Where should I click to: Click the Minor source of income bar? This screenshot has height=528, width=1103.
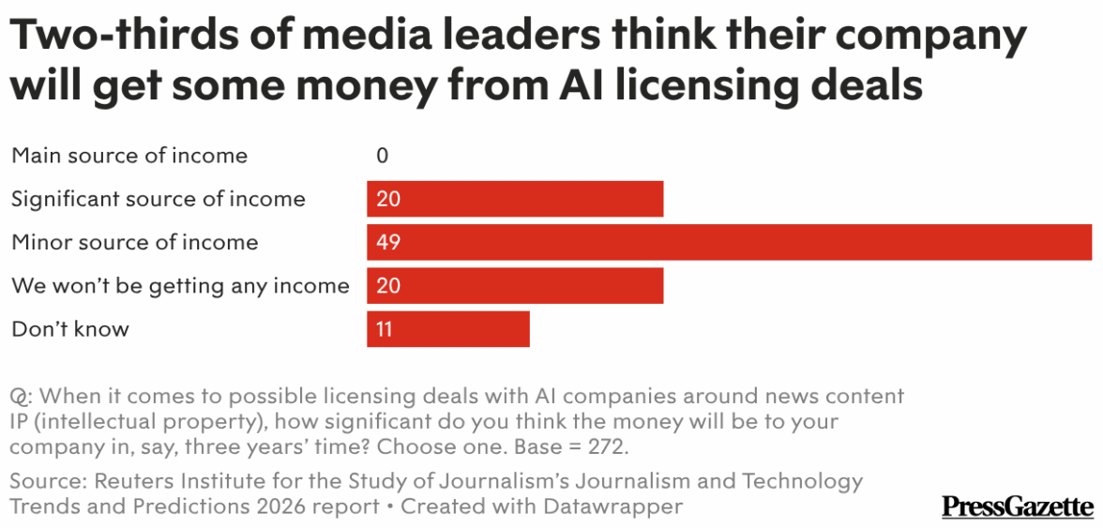pyautogui.click(x=729, y=242)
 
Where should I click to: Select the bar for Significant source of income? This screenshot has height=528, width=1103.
pyautogui.click(x=515, y=199)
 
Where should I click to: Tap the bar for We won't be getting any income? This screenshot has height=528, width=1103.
pyautogui.click(x=515, y=285)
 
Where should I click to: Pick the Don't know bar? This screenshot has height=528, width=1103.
pyautogui.click(x=448, y=329)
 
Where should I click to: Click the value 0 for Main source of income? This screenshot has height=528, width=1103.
pyautogui.click(x=382, y=156)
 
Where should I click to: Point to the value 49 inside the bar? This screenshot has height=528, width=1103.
pyautogui.click(x=388, y=242)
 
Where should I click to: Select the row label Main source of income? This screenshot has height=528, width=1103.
pyautogui.click(x=129, y=156)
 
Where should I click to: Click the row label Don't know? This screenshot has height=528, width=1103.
pyautogui.click(x=70, y=329)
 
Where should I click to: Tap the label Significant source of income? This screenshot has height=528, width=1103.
pyautogui.click(x=159, y=199)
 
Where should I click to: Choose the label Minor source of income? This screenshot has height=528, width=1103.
pyautogui.click(x=134, y=242)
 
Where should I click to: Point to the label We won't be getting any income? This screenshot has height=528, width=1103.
pyautogui.click(x=180, y=285)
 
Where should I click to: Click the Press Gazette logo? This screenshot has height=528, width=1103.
pyautogui.click(x=1017, y=507)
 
